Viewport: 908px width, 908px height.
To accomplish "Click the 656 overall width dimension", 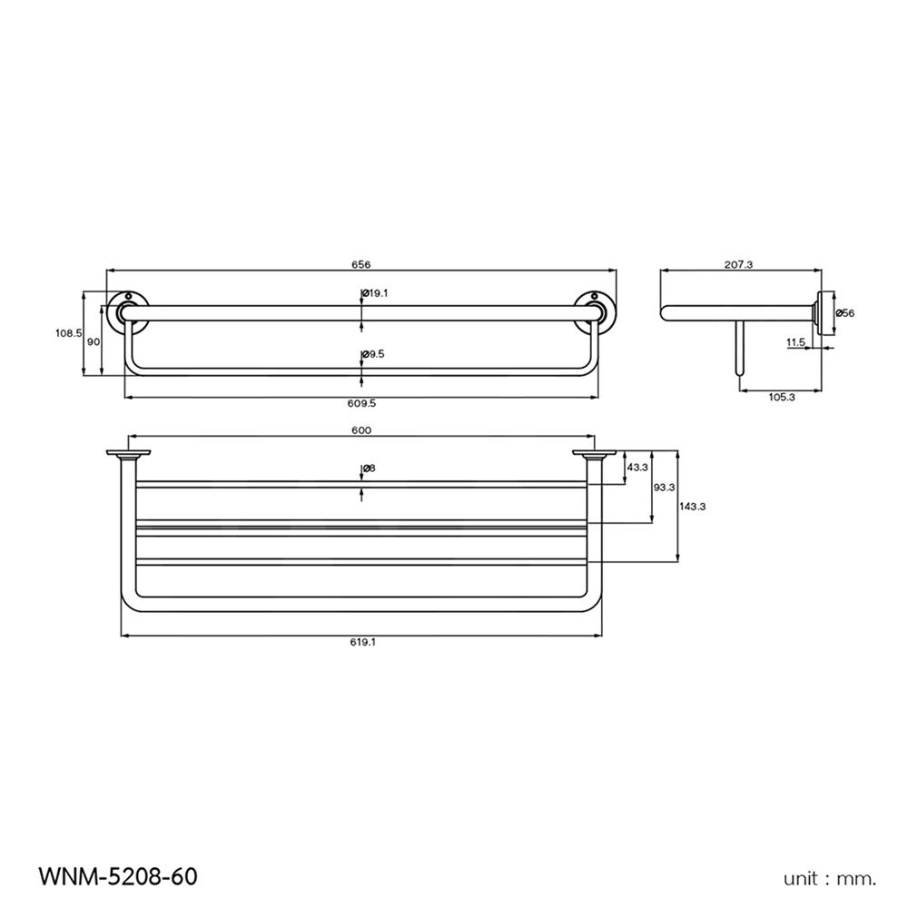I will [x=361, y=264].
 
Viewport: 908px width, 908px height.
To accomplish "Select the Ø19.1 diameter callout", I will [x=375, y=293].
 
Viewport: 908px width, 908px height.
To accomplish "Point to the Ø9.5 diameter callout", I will [x=373, y=354].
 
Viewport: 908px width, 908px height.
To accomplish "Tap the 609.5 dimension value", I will [x=361, y=404].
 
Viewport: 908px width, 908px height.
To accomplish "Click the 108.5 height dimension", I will [x=68, y=333].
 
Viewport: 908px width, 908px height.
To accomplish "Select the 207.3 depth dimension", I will [x=738, y=264].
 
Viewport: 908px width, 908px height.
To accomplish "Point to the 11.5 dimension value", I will [x=795, y=342].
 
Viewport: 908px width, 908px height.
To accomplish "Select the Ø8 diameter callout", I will [x=369, y=469].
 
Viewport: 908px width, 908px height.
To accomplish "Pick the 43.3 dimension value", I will [x=637, y=467].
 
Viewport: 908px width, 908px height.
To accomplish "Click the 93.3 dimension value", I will [x=665, y=487].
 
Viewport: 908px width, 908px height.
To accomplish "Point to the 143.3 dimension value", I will [x=693, y=506].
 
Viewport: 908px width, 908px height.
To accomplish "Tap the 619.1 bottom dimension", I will [x=361, y=642].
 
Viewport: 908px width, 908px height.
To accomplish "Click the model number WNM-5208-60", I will [x=117, y=876].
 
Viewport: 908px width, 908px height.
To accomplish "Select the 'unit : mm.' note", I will [x=830, y=878].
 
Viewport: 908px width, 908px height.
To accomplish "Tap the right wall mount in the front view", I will [x=596, y=308].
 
